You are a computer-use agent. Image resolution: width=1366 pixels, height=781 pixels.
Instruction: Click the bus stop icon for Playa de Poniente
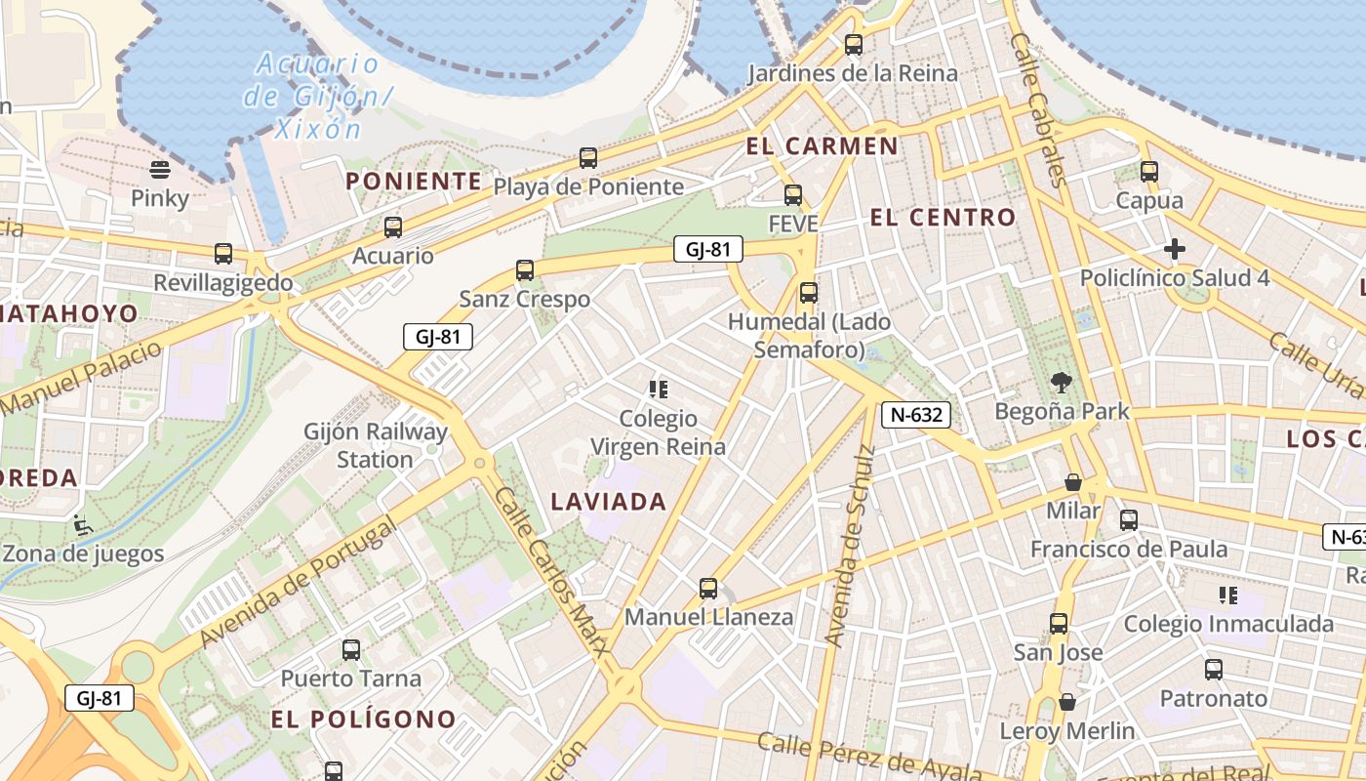click(x=587, y=158)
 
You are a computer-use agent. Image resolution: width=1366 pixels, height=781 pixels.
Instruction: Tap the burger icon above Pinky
click(x=160, y=170)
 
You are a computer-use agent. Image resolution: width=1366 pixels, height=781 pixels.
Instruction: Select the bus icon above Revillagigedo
click(x=223, y=254)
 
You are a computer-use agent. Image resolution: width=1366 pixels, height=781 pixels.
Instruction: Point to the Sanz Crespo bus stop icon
click(x=525, y=270)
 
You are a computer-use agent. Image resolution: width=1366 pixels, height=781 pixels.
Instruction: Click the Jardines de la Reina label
click(x=852, y=73)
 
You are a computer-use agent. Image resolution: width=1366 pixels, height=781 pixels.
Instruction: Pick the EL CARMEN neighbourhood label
click(x=822, y=146)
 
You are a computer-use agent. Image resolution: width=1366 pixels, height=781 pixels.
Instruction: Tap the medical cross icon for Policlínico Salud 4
click(x=1175, y=249)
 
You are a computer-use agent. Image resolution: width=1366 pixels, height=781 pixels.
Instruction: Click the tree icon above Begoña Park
click(x=1062, y=383)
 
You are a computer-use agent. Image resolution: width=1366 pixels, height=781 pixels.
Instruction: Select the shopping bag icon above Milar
click(x=1073, y=482)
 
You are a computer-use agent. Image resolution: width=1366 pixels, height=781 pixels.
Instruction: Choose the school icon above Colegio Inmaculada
click(x=1228, y=595)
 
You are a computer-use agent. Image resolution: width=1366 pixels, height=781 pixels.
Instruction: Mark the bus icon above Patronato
click(x=1213, y=670)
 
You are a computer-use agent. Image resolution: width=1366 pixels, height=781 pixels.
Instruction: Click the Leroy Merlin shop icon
click(x=1067, y=702)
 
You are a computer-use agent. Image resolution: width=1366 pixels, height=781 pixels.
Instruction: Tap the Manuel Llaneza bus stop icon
click(x=708, y=589)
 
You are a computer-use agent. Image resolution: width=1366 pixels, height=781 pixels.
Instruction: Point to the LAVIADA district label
click(x=609, y=502)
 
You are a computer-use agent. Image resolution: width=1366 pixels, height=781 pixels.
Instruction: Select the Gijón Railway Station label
click(x=376, y=445)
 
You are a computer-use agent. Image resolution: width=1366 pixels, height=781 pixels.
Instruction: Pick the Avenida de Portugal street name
click(x=298, y=583)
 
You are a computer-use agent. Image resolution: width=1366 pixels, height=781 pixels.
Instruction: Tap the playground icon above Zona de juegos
click(x=83, y=525)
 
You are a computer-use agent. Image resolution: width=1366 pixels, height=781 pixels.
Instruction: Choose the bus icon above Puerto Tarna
click(x=351, y=649)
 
